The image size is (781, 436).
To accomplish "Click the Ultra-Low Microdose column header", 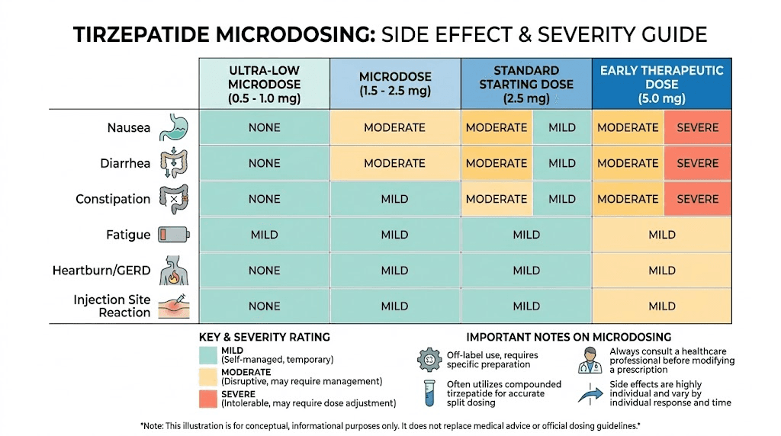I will coord(264,84).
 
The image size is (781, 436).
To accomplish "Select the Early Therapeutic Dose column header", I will coord(661,84).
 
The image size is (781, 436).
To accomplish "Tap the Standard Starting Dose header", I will coord(526,84).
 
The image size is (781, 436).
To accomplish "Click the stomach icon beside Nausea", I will coord(173,127).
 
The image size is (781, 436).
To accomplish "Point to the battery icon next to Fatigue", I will coord(173,235).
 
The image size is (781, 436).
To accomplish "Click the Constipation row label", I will coord(113,199).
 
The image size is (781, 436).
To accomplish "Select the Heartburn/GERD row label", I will coord(101,271).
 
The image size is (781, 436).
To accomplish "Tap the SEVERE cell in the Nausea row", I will coord(697,127).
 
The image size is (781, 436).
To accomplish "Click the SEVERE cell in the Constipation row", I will coord(697,199).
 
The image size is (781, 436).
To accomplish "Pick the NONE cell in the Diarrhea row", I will coord(264,163).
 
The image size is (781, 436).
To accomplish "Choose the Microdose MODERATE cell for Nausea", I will coord(394,127).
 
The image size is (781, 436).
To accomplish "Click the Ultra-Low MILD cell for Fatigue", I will coord(264,235).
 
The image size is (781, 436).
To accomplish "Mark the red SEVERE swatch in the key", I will coord(208,398).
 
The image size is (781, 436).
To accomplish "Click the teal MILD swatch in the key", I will coord(208,354).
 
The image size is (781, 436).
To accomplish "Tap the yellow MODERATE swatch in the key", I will coord(208,376).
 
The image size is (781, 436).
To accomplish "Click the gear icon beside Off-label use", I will coord(429,359).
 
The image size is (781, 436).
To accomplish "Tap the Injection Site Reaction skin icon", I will coord(173,306).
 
